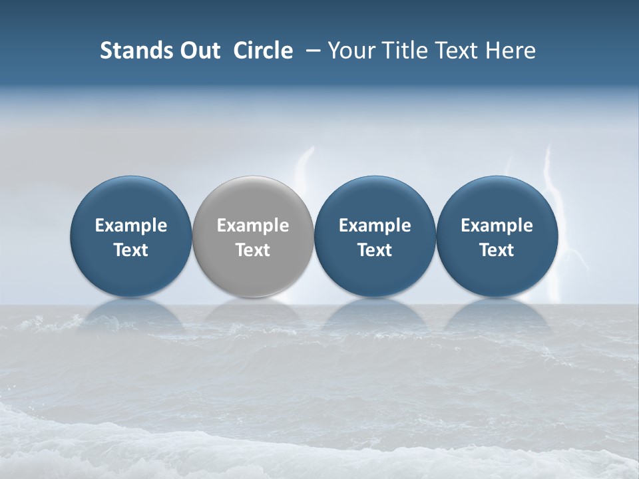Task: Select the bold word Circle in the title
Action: [263, 51]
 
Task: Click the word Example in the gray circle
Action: [253, 226]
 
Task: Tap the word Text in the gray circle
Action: [253, 250]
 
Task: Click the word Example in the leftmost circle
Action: [131, 226]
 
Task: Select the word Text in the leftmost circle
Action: [131, 250]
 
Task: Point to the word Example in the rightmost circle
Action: [497, 226]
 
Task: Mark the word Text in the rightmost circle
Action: [497, 250]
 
